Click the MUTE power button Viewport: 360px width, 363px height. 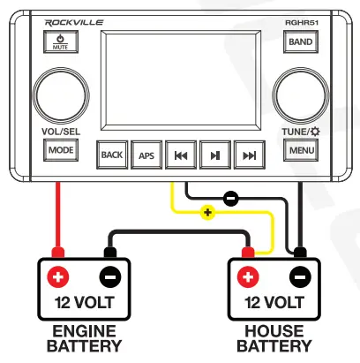(60, 42)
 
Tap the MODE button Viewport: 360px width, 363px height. (60, 150)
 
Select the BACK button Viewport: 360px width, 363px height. (112, 155)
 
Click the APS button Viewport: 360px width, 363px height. (146, 155)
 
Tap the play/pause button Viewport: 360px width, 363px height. (214, 155)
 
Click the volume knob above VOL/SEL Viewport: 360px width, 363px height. (56, 94)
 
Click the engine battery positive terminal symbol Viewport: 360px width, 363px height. (58, 276)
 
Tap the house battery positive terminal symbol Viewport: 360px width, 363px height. (250, 276)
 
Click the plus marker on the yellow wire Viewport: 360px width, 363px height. (208, 213)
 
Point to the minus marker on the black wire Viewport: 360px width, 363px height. (230, 199)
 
